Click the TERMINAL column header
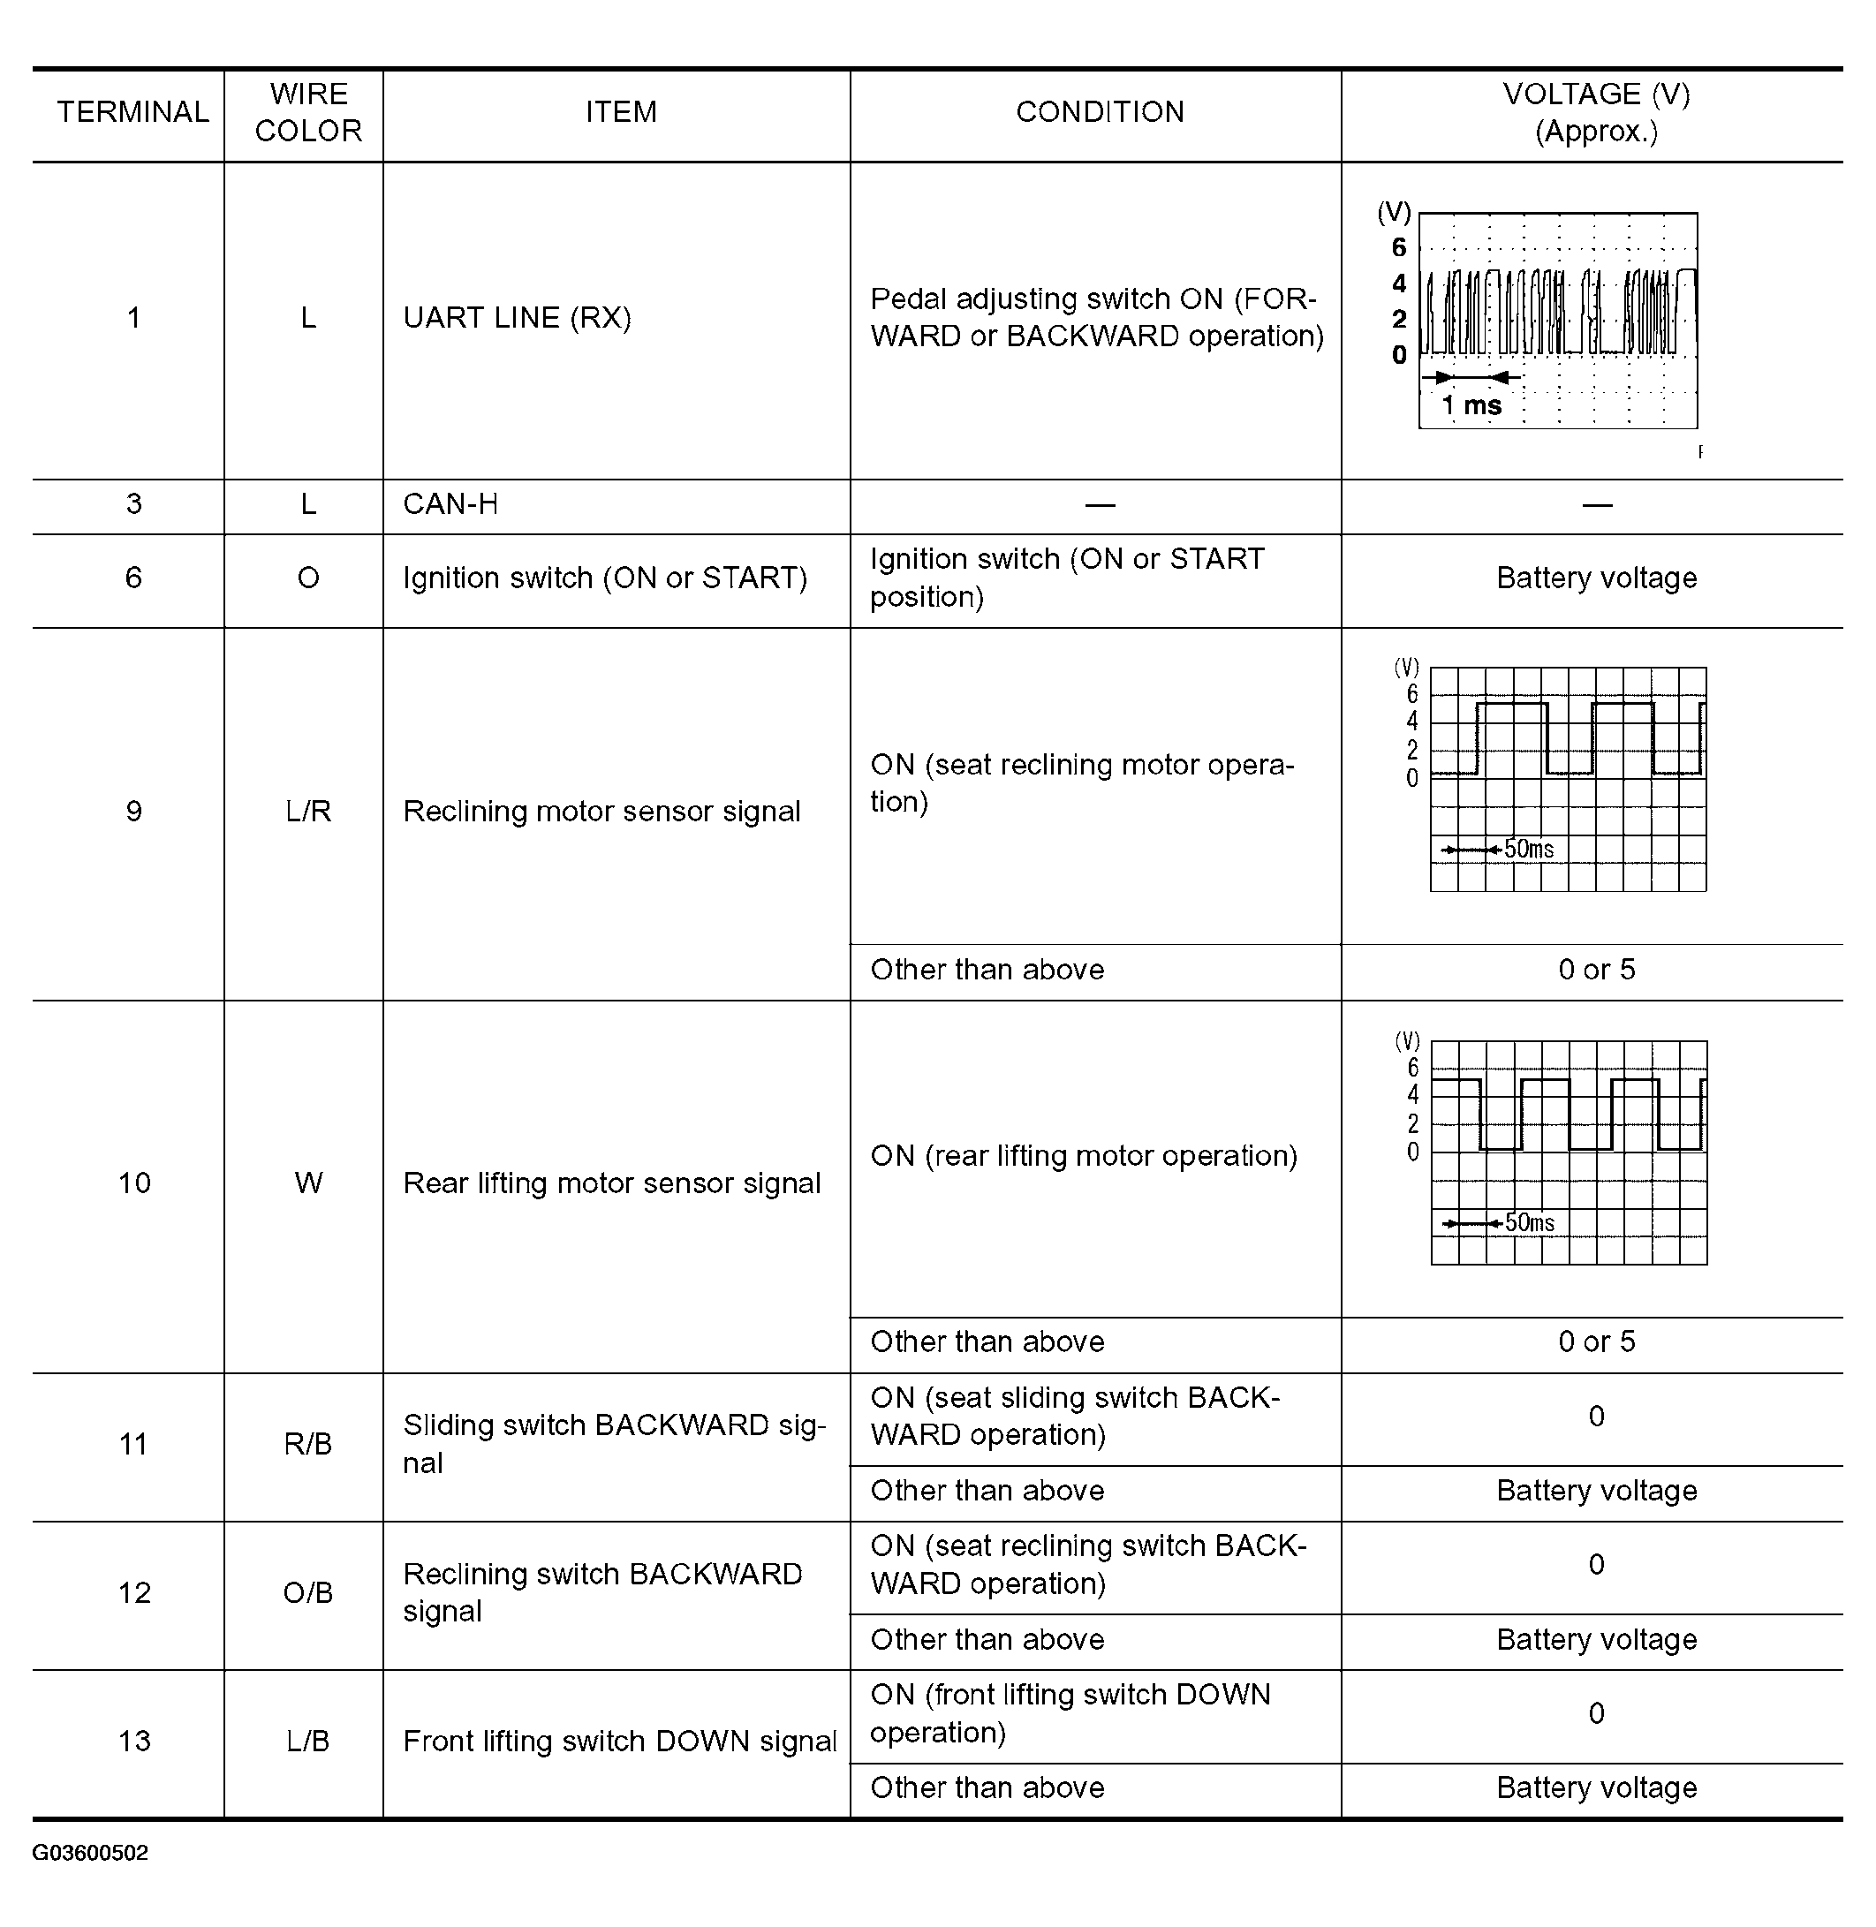[x=133, y=112]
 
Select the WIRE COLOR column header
[x=308, y=112]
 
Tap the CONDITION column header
[x=1100, y=112]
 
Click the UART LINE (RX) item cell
[x=517, y=317]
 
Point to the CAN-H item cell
[x=450, y=504]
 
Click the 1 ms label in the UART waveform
[x=1471, y=404]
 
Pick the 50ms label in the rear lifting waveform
[x=1529, y=1222]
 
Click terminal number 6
[x=133, y=578]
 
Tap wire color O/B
[x=308, y=1593]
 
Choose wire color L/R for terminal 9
[x=308, y=812]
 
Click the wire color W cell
[x=308, y=1183]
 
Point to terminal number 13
[x=134, y=1742]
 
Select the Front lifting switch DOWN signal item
[x=620, y=1742]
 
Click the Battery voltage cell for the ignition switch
[x=1596, y=578]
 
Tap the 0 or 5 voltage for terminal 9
[x=1596, y=971]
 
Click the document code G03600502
[x=91, y=1853]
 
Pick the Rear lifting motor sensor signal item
[x=611, y=1183]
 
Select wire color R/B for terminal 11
[x=308, y=1444]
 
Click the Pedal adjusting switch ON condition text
[x=1095, y=317]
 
